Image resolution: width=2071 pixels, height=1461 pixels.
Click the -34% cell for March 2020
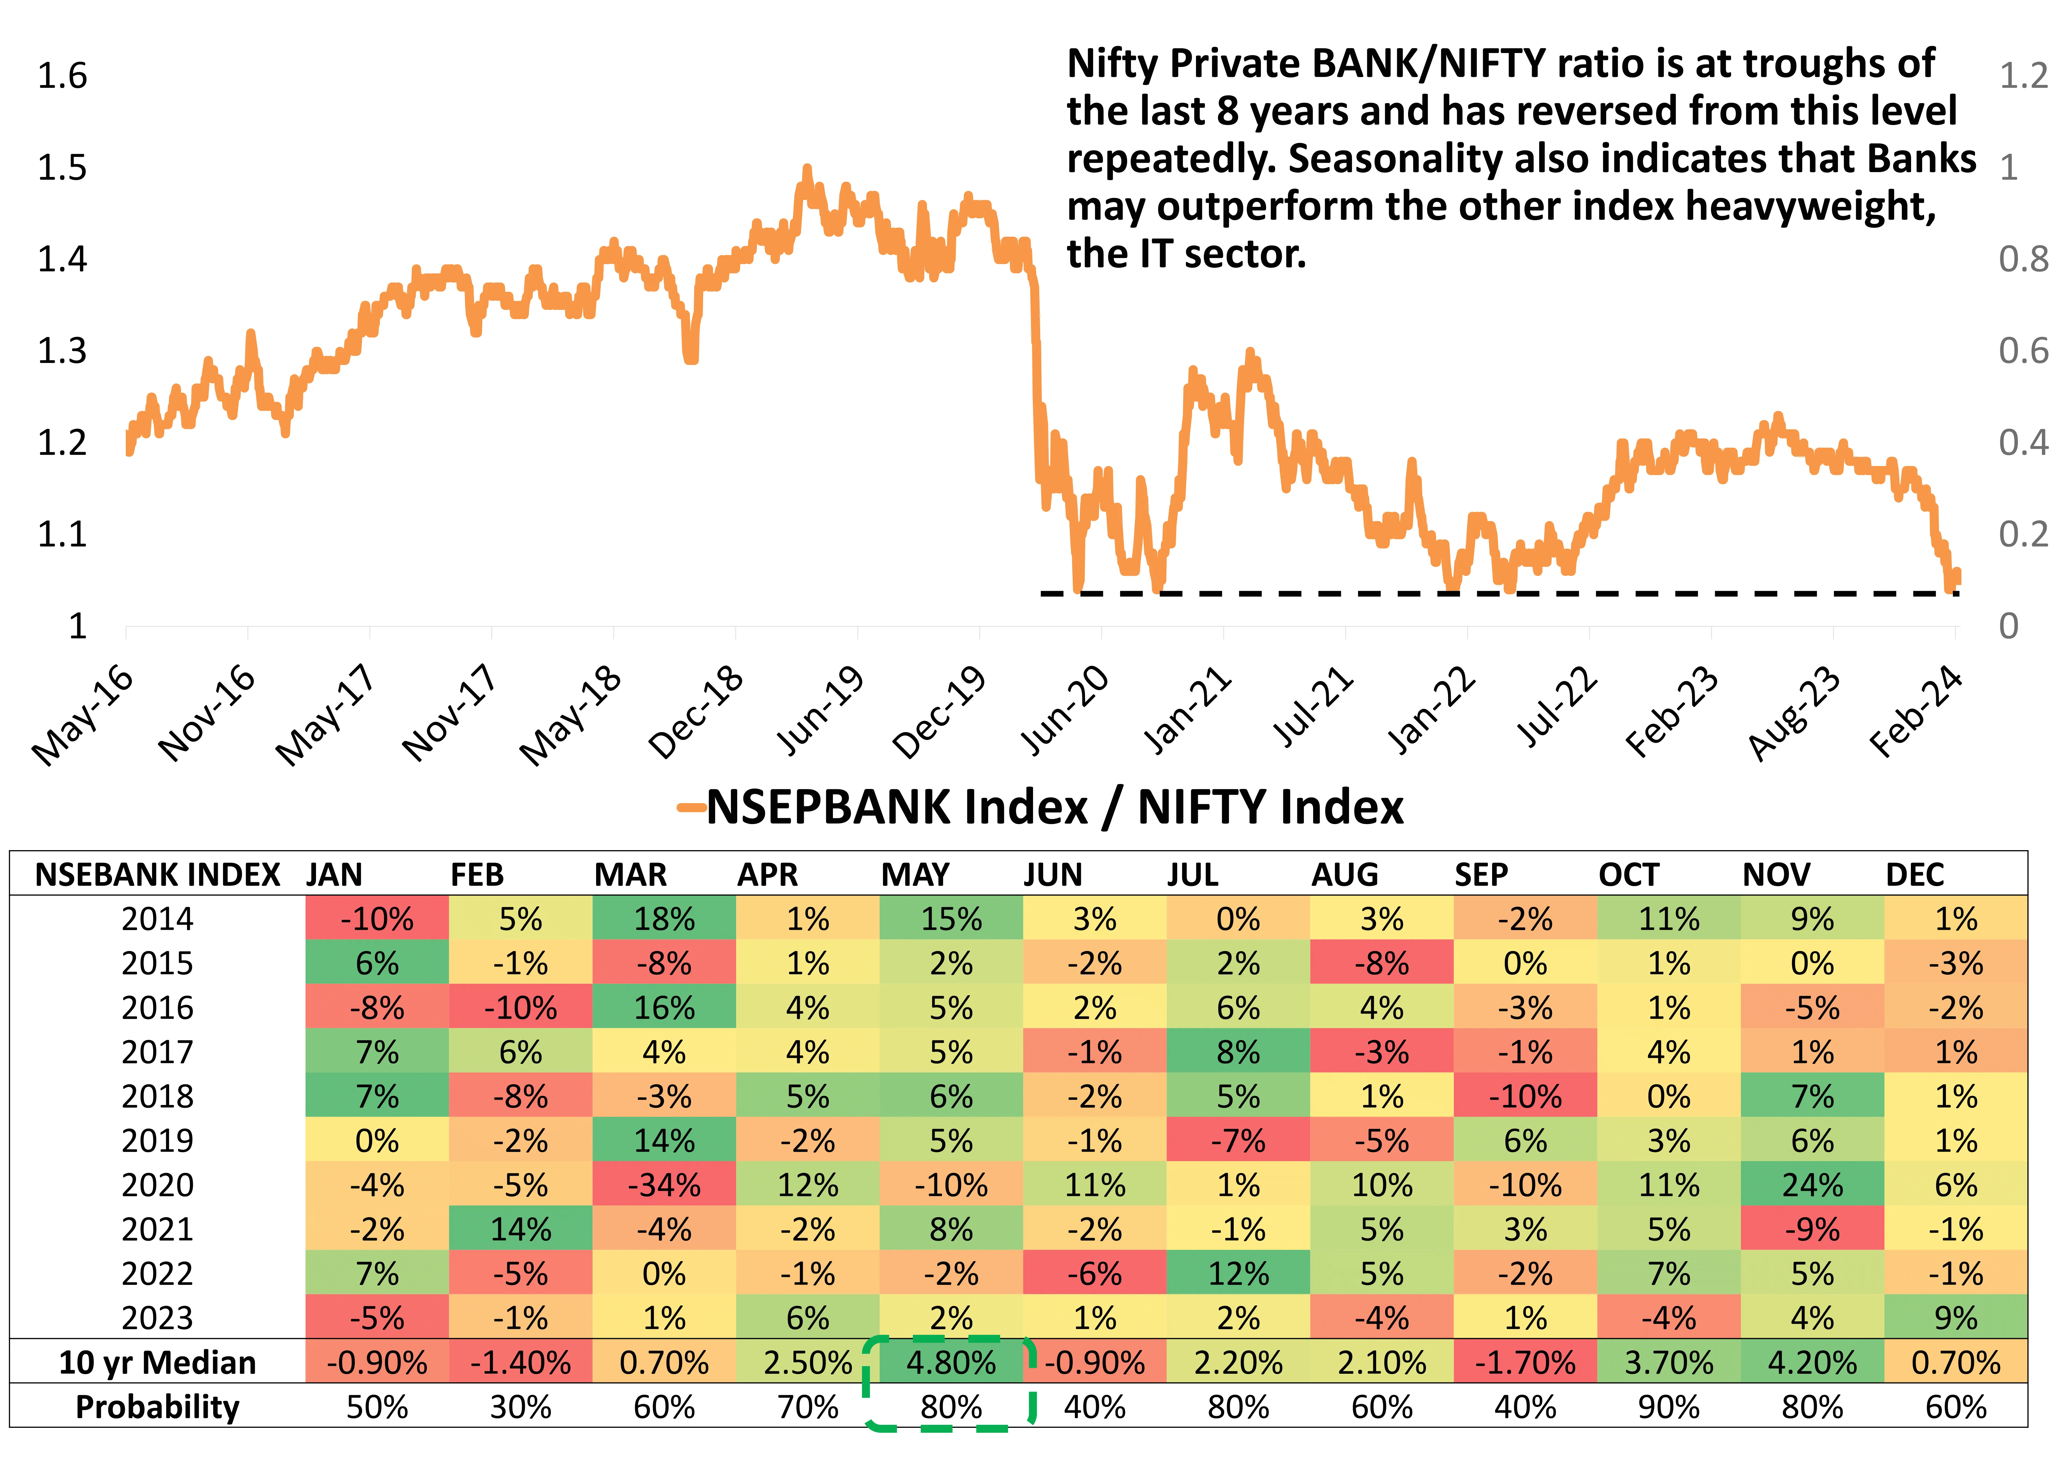point(664,1185)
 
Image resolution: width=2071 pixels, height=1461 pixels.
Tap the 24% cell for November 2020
point(1812,1185)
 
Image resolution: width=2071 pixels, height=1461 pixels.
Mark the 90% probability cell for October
point(1669,1407)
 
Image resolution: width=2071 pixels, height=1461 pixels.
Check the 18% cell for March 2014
point(664,919)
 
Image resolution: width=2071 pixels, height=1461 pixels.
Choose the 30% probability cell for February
point(520,1407)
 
